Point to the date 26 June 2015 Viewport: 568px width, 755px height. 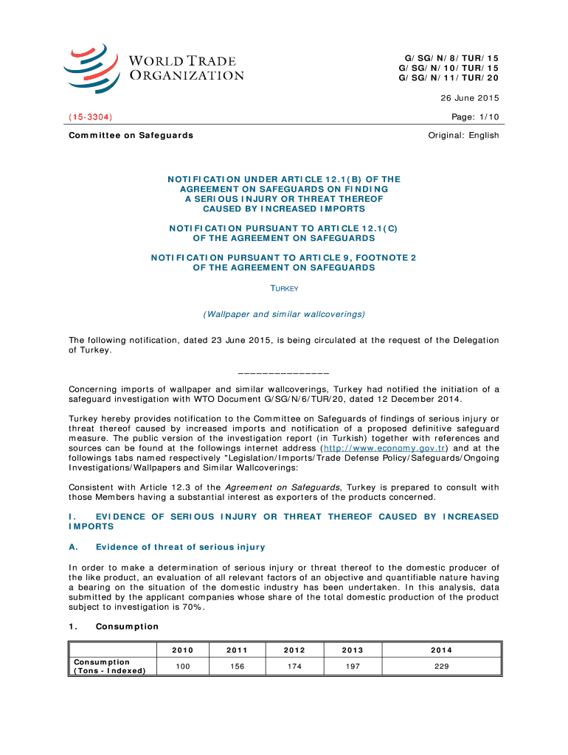click(x=469, y=98)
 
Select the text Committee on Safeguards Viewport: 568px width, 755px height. click(x=131, y=135)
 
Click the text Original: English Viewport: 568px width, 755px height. click(x=464, y=135)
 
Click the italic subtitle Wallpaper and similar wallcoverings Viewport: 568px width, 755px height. click(x=284, y=314)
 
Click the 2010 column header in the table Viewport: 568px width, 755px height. click(x=183, y=650)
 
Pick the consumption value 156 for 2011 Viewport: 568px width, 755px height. click(x=238, y=666)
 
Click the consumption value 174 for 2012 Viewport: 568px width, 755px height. click(x=295, y=666)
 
